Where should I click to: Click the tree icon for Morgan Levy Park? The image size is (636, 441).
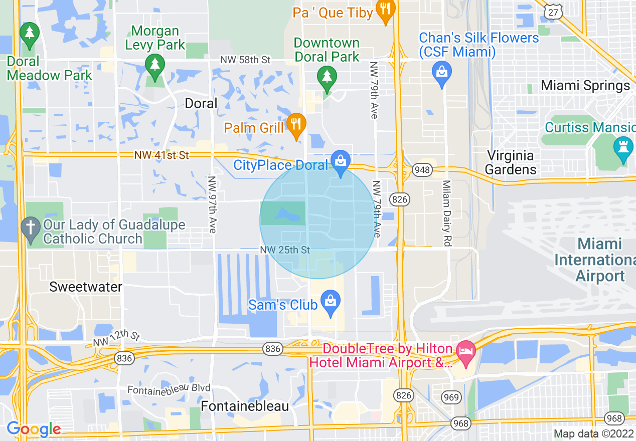pos(155,65)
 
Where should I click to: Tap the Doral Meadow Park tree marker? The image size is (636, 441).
pos(30,34)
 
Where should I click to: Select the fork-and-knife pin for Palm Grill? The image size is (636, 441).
pos(296,124)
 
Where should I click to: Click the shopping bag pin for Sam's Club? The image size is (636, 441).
pos(330,303)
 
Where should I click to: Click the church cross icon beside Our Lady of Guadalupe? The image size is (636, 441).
pos(31,229)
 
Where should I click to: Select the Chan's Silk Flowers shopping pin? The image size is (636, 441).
pos(442,73)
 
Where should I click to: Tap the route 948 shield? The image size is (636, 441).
pos(422,170)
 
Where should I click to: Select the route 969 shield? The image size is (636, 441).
pos(451,397)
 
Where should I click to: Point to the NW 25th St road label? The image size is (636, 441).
pos(285,250)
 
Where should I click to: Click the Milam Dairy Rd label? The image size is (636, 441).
pos(446,213)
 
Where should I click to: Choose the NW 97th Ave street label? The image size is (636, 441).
pos(212,204)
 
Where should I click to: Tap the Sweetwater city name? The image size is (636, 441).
pos(85,287)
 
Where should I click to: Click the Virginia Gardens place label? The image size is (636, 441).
pos(510,162)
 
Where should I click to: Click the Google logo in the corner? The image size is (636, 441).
pos(34,429)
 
